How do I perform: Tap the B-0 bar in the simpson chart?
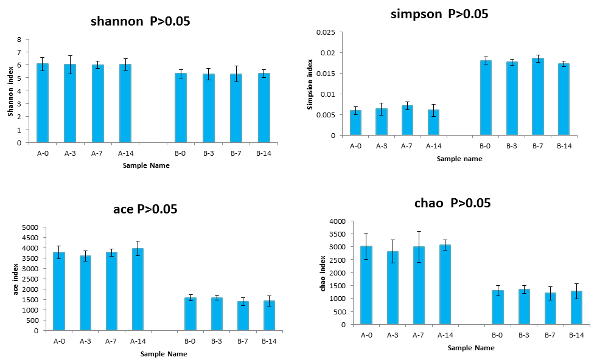click(486, 98)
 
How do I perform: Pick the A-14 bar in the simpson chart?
click(433, 122)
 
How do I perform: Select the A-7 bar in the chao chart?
click(419, 285)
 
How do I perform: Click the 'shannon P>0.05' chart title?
click(140, 21)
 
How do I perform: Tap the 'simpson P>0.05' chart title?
click(439, 13)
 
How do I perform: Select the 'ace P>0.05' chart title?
click(145, 209)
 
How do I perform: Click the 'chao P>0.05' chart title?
click(444, 202)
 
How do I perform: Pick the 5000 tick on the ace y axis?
click(29, 227)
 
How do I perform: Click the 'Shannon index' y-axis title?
click(10, 91)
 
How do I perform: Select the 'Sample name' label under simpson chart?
click(459, 159)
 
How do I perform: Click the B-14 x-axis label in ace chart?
click(268, 341)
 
